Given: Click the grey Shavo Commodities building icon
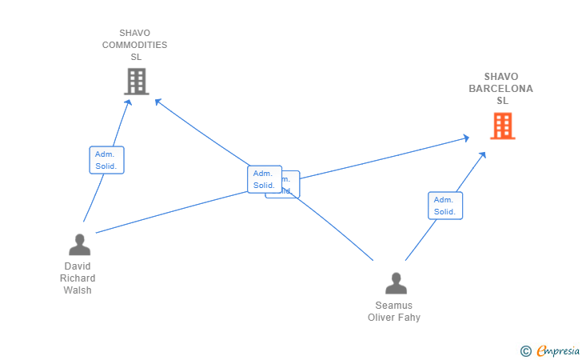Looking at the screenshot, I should point(137,81).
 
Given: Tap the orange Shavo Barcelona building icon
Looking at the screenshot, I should point(502,126).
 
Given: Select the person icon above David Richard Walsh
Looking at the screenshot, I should point(79,244).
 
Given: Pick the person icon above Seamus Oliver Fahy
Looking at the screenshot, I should point(396,283).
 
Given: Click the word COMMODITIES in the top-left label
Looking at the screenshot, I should point(135,45).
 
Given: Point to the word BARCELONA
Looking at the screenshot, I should point(501,89).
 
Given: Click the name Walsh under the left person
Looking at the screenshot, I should point(78,290).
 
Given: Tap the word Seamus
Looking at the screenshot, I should point(394,306).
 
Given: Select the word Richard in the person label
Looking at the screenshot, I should point(78,278).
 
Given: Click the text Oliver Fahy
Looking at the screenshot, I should point(394,318).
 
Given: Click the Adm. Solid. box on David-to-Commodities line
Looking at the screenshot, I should point(106,160).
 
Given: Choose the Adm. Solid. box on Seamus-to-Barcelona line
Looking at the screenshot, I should point(445,206).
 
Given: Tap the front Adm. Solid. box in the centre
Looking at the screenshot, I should point(264,179).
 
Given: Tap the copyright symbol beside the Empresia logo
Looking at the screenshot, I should point(525,350).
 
